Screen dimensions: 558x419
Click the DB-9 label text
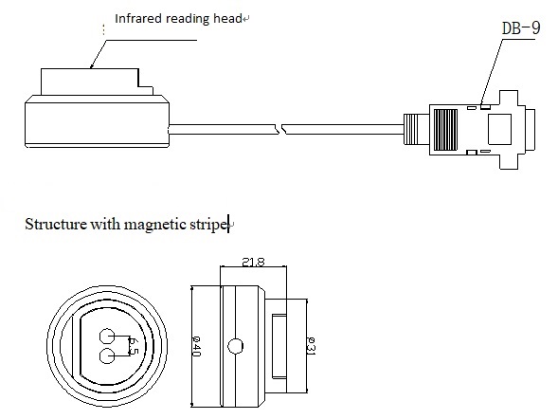pyautogui.click(x=521, y=28)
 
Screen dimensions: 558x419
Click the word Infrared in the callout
pyautogui.click(x=138, y=18)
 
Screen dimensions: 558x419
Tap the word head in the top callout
pyautogui.click(x=227, y=18)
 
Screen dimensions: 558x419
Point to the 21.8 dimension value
pyautogui.click(x=253, y=262)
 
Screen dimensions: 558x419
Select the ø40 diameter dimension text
pyautogui.click(x=196, y=346)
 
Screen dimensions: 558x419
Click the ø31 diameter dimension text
pyautogui.click(x=311, y=346)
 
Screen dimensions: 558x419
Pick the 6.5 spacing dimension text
pyautogui.click(x=133, y=346)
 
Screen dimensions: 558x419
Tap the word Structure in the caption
pyautogui.click(x=56, y=225)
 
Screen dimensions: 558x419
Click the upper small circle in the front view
pyautogui.click(x=107, y=337)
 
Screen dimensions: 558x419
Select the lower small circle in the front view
pyautogui.click(x=107, y=356)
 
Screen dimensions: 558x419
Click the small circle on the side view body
pyautogui.click(x=235, y=346)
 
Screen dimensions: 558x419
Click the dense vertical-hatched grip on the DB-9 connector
pyautogui.click(x=445, y=130)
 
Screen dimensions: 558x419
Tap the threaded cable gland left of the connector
pyautogui.click(x=411, y=129)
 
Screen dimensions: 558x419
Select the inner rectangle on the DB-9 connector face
pyautogui.click(x=499, y=129)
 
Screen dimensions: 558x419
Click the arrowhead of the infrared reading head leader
pyautogui.click(x=92, y=65)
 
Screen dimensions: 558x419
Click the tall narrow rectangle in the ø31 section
pyautogui.click(x=279, y=346)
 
